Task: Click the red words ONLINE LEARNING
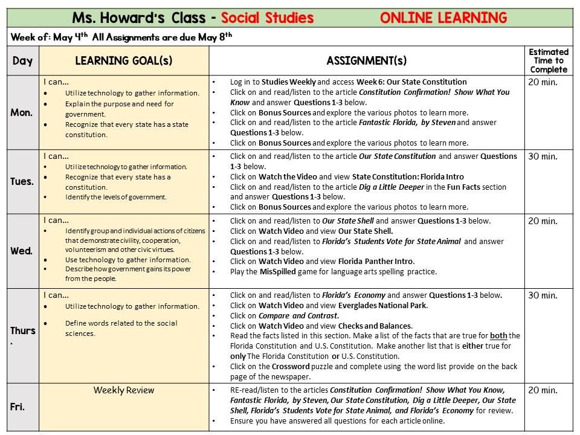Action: [x=443, y=18]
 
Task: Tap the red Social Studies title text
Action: [x=266, y=18]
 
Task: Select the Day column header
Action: [x=22, y=61]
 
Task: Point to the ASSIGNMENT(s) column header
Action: [x=366, y=61]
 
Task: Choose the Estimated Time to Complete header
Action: [x=549, y=60]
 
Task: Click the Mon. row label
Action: [x=22, y=113]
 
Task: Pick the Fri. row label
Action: [x=18, y=407]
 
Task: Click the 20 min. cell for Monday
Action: [x=543, y=82]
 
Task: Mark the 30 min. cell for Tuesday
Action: [x=543, y=156]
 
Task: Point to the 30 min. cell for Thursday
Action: [x=543, y=296]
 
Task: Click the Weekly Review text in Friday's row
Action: [x=124, y=390]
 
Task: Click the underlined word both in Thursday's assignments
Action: [x=498, y=336]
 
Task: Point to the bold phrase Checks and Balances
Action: [x=375, y=326]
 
